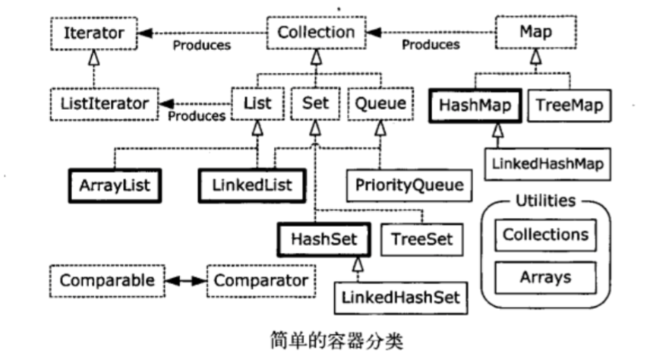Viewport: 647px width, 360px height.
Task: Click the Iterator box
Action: pos(93,33)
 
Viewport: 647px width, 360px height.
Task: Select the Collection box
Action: pos(316,33)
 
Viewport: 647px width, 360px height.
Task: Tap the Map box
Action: pos(535,33)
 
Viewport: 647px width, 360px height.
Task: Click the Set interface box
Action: pos(315,102)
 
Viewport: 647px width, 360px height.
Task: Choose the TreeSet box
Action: pos(421,238)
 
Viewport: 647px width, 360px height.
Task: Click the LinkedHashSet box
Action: pos(401,298)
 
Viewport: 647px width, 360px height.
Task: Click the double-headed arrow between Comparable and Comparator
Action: pos(186,280)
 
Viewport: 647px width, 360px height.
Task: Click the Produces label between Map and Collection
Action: pos(431,45)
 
